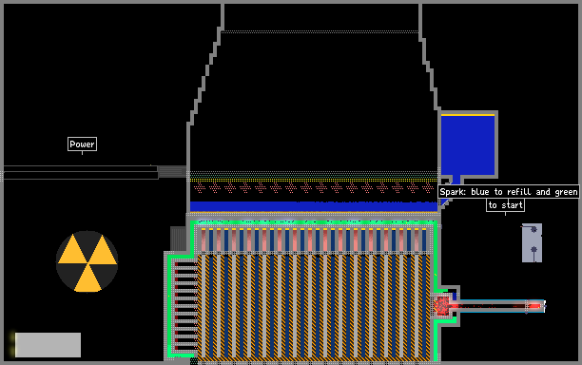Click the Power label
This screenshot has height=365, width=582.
point(82,144)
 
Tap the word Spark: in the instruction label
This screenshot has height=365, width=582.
point(453,192)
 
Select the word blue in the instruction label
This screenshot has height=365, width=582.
point(480,192)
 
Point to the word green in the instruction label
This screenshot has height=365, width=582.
point(566,192)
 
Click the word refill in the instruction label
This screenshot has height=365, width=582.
point(519,192)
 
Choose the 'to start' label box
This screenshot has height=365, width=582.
point(505,204)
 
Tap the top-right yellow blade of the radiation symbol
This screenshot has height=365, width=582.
point(103,250)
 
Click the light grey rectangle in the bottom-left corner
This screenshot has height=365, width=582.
point(48,345)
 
